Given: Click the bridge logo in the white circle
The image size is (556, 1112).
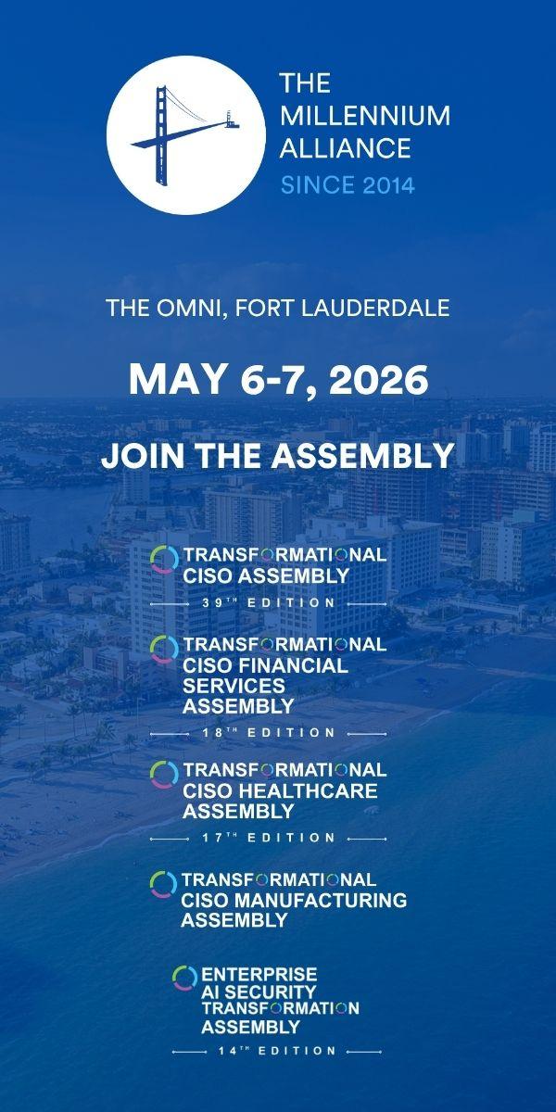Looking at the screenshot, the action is coord(184,135).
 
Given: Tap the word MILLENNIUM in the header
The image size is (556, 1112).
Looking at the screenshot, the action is coord(365,116).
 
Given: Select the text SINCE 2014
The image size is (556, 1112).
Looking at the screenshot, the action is coord(347,185).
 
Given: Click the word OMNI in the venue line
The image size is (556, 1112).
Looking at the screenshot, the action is coord(190,308).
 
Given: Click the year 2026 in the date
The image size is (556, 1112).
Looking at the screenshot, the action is coord(378,380).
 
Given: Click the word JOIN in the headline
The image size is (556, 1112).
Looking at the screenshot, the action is coord(143,456).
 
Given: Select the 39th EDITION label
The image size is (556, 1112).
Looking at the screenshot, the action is coord(269,603).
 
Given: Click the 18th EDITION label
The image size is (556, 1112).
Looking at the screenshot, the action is coord(269,733).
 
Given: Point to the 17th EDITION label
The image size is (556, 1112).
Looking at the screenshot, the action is coord(269,838).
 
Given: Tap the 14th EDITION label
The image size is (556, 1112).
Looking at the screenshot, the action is coord(277,1051).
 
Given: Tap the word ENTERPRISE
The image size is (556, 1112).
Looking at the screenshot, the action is coord(259,974).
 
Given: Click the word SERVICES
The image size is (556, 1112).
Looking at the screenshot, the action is coord(234,686).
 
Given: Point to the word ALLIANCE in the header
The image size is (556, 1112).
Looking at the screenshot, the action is coord(346,148).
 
